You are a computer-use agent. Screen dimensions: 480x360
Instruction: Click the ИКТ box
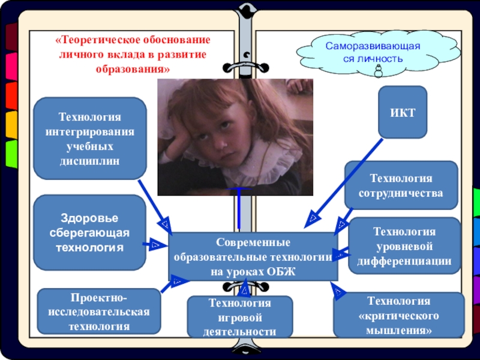402,112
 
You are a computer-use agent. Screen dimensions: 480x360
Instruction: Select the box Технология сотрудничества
401,185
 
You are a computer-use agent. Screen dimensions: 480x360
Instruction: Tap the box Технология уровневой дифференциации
404,246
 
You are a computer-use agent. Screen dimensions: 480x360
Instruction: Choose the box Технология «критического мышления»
398,315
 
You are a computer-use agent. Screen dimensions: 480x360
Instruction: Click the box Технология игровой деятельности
239,317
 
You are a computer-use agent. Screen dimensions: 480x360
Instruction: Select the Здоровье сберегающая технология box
89,232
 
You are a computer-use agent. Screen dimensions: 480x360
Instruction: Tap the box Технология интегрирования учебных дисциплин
89,139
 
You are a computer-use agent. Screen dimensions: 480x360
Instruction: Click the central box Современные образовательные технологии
253,257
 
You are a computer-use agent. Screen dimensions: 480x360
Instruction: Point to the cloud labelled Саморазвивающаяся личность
373,53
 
